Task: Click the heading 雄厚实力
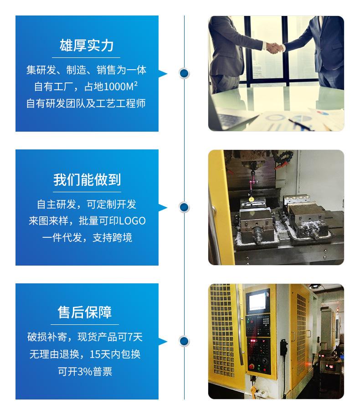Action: point(87,46)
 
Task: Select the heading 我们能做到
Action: point(87,179)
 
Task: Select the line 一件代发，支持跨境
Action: point(87,237)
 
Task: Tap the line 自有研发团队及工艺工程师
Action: point(86,103)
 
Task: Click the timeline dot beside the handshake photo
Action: point(184,73)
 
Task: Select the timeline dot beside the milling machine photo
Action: point(184,207)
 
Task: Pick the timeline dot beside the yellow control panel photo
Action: point(184,341)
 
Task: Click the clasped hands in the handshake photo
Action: point(273,47)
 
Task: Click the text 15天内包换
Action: point(118,354)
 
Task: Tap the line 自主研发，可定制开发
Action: point(87,204)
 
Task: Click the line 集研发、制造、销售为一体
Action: point(86,70)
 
